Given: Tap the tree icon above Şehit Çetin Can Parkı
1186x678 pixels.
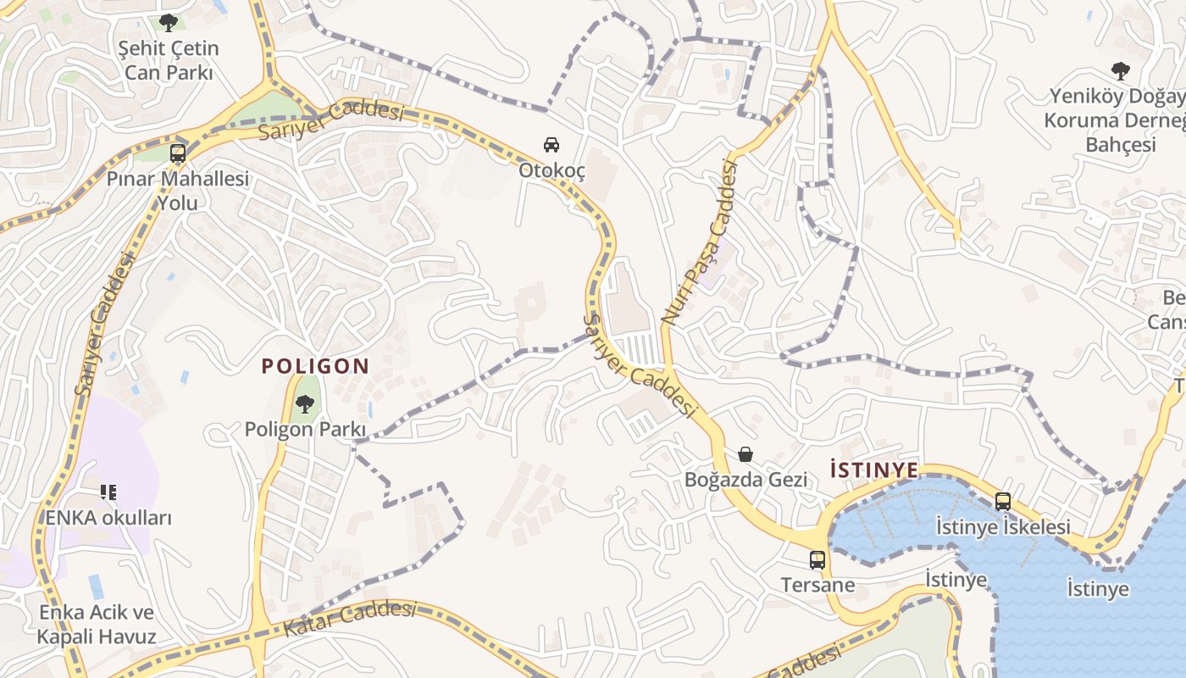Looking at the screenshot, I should (x=169, y=23).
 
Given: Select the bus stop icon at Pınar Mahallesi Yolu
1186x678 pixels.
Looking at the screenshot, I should (x=178, y=153).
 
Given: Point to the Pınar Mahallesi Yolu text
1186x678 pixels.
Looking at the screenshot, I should (x=178, y=191).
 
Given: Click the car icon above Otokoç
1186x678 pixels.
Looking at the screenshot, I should (x=551, y=144).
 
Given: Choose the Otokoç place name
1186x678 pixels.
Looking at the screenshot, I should (x=551, y=170).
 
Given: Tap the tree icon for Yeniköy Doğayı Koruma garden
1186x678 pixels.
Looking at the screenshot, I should (x=1120, y=70).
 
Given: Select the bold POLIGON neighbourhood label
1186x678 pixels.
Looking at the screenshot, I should (x=315, y=366).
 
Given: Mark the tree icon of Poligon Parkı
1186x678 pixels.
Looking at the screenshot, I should (x=304, y=404).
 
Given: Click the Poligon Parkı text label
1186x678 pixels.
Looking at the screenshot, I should (x=305, y=430).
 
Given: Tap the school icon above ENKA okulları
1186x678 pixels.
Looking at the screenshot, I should (x=108, y=492).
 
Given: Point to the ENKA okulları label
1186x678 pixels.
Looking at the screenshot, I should (x=108, y=518).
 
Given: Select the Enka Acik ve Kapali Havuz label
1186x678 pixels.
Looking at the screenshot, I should (x=97, y=625).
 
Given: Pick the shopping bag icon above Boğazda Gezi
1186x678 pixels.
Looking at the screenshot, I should (x=745, y=454).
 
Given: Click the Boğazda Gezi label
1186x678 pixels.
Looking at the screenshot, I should (x=745, y=480).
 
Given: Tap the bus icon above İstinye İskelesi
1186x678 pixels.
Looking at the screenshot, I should (x=1003, y=502).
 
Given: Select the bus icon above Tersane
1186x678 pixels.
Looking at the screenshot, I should (x=817, y=560).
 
